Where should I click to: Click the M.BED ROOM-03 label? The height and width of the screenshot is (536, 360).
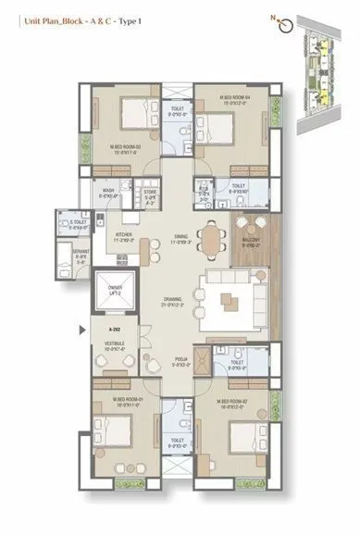point(125,147)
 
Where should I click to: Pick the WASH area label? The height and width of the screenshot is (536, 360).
point(110,193)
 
